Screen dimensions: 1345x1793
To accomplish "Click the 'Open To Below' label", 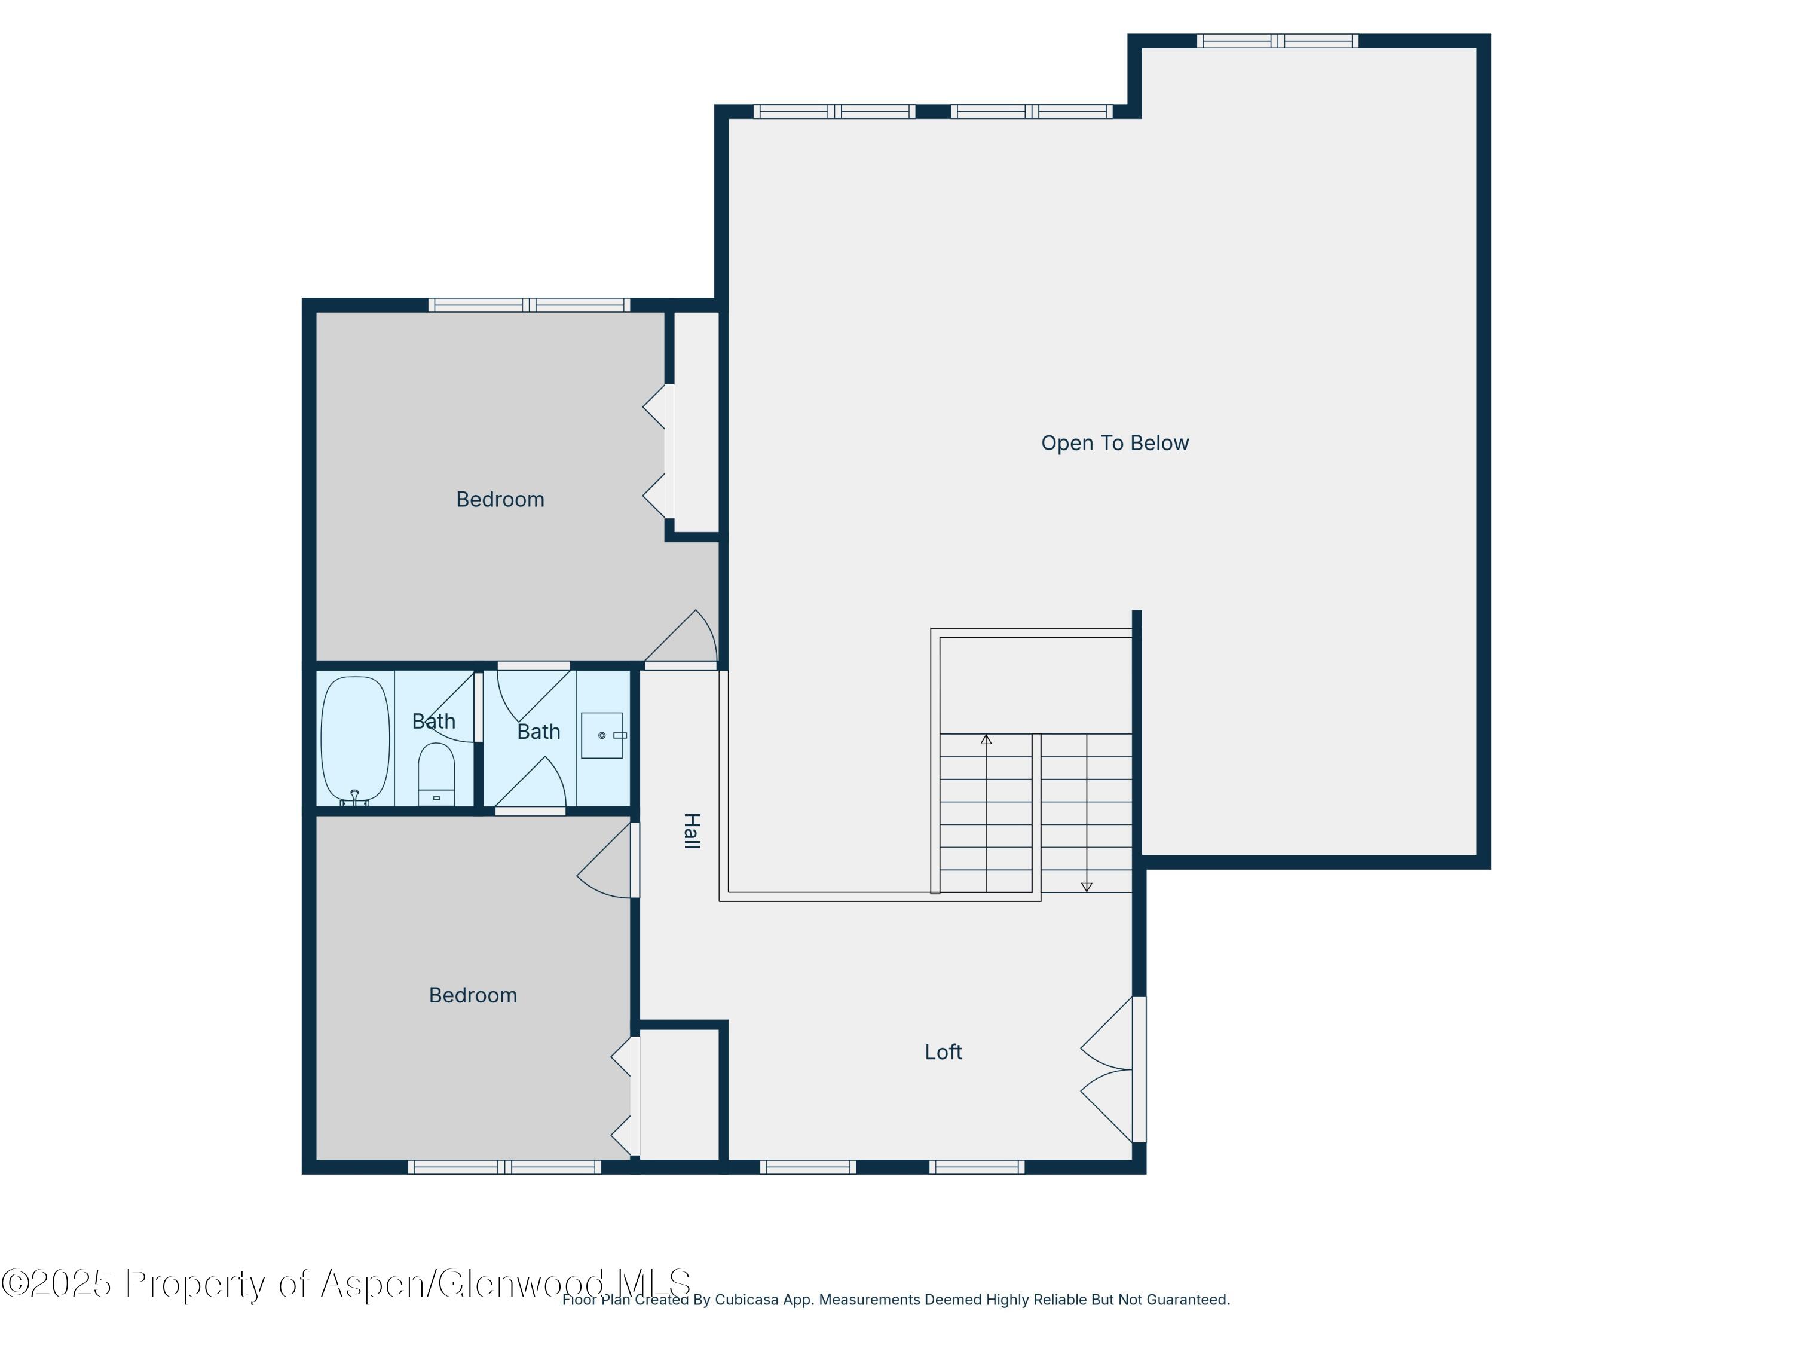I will tap(1115, 444).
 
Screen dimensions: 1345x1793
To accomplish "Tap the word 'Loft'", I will tap(943, 1052).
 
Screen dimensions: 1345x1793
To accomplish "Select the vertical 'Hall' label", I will tap(691, 830).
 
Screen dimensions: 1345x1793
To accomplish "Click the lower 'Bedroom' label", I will tap(473, 995).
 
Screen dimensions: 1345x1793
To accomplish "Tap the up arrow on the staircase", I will tap(986, 740).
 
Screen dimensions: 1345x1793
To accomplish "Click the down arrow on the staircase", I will tap(1086, 886).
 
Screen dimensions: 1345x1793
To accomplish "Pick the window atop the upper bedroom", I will tap(530, 305).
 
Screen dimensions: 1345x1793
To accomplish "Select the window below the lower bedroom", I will tap(504, 1167).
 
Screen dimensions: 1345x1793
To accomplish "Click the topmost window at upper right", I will tap(1277, 41).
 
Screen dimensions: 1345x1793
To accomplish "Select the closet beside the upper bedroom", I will tap(696, 421).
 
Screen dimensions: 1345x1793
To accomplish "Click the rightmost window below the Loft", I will tap(977, 1167).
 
